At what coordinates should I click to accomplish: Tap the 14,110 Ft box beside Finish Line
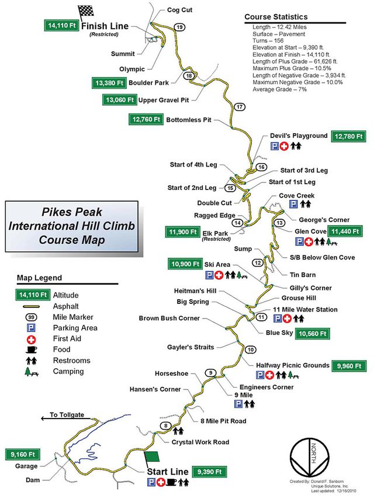pyautogui.click(x=61, y=25)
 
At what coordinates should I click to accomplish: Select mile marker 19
pyautogui.click(x=179, y=27)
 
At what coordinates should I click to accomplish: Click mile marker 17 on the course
pyautogui.click(x=240, y=107)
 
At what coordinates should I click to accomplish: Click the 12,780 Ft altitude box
pyautogui.click(x=350, y=137)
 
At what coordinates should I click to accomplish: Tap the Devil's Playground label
pyautogui.click(x=298, y=136)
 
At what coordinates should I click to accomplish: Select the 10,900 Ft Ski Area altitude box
pyautogui.click(x=184, y=264)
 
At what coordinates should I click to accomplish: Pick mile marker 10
pyautogui.click(x=250, y=350)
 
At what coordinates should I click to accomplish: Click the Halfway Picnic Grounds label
pyautogui.click(x=293, y=365)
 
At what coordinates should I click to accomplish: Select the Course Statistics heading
pyautogui.click(x=276, y=18)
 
